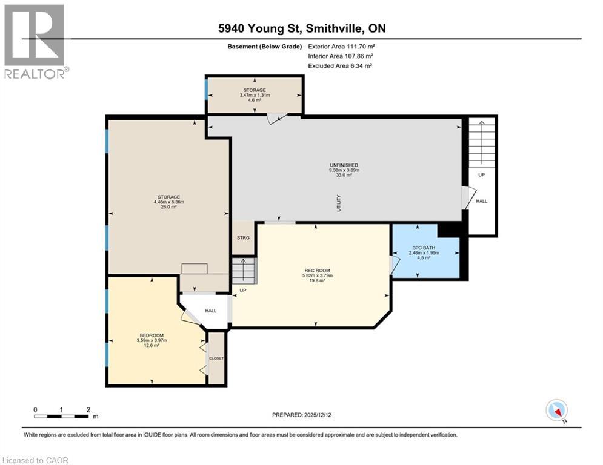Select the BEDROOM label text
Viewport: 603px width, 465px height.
pos(152,335)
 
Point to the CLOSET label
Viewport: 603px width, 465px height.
pos(216,358)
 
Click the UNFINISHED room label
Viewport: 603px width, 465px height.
pos(344,165)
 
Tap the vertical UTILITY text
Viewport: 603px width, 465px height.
pos(339,202)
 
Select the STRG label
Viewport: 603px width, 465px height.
pos(243,237)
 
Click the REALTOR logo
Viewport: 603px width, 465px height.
pos(35,41)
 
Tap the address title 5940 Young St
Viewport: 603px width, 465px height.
pos(301,28)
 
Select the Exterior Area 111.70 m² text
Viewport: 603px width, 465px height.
pos(339,46)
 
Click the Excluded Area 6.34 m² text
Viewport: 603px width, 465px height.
pos(340,65)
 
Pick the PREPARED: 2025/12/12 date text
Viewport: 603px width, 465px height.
pos(301,415)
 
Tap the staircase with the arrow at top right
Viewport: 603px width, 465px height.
pos(482,143)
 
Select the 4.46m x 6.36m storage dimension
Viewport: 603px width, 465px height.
pos(168,202)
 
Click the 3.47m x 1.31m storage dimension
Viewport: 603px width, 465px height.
pos(255,95)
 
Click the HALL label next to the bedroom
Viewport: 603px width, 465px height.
pos(210,311)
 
